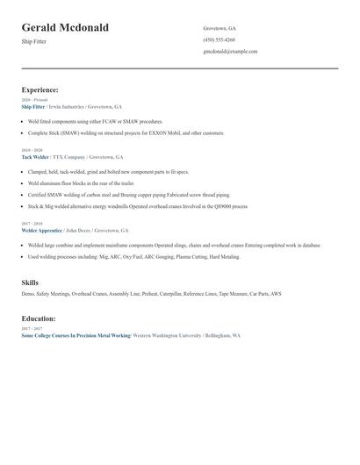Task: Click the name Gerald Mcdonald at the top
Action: (x=65, y=27)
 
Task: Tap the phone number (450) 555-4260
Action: (x=219, y=39)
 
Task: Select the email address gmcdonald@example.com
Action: (x=230, y=51)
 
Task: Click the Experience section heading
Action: (x=40, y=89)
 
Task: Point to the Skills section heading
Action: (x=30, y=283)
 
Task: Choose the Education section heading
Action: (x=39, y=318)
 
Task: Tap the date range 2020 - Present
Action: (x=33, y=100)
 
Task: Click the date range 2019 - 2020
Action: (x=32, y=150)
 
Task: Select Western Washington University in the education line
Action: (x=167, y=335)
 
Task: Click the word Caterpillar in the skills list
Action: (x=156, y=294)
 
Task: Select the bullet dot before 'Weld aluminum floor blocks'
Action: (x=23, y=183)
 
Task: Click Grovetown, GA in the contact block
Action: (x=220, y=28)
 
